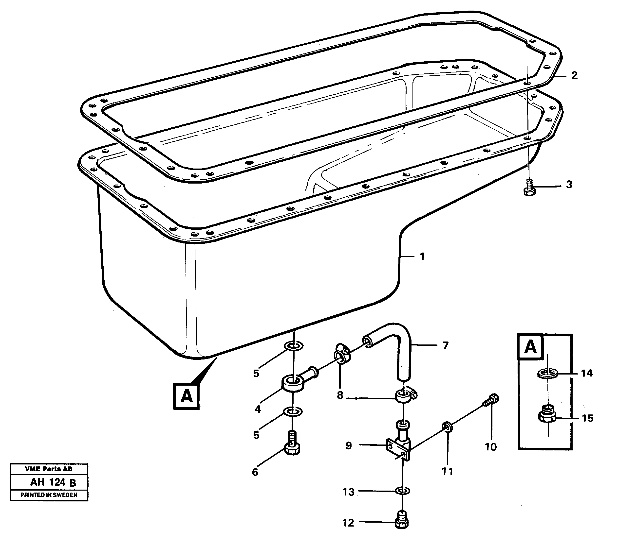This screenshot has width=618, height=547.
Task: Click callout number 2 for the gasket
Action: pyautogui.click(x=574, y=75)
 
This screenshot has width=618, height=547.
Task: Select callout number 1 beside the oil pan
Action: pyautogui.click(x=422, y=256)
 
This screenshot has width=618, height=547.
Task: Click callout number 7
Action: pyautogui.click(x=445, y=345)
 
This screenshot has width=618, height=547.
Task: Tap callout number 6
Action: pyautogui.click(x=255, y=472)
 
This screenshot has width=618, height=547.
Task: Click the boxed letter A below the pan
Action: pyautogui.click(x=186, y=396)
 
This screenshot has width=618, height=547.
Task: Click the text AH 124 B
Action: pyautogui.click(x=53, y=482)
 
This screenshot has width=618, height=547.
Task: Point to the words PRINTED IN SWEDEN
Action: pyautogui.click(x=49, y=495)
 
